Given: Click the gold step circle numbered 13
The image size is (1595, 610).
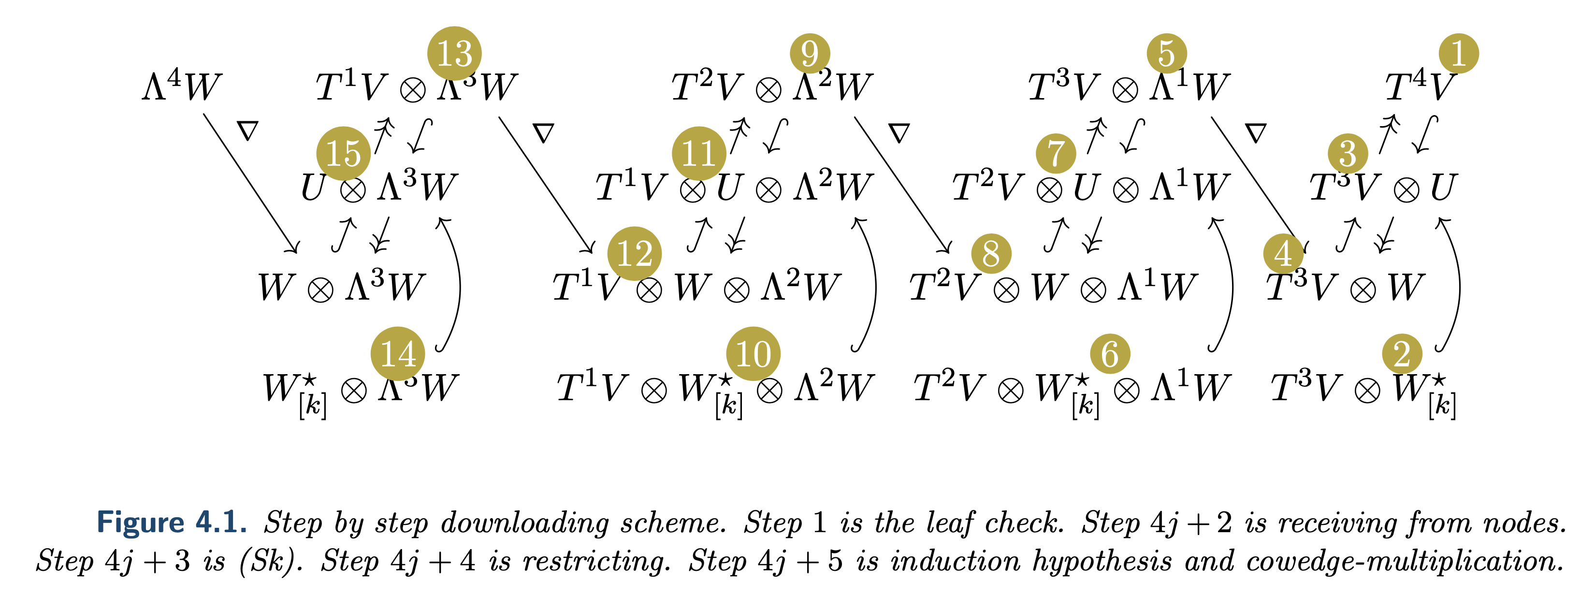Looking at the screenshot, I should click(x=454, y=53).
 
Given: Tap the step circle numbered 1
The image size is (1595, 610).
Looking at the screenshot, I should click(x=1458, y=53).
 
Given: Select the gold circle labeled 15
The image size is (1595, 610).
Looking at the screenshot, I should click(x=343, y=154).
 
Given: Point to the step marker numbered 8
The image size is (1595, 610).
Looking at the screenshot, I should click(x=991, y=253).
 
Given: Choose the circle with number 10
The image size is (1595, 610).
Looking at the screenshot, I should click(x=753, y=354).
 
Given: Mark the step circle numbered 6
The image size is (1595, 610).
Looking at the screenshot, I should click(x=1110, y=354).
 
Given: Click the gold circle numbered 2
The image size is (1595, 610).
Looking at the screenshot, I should click(x=1402, y=354).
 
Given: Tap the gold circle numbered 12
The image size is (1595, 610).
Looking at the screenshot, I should click(x=634, y=253).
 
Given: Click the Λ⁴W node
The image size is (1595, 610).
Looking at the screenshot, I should click(x=181, y=86).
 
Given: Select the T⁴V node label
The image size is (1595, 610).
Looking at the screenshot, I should click(x=1418, y=87).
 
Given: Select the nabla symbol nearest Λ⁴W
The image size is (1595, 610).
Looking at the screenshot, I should click(x=247, y=131).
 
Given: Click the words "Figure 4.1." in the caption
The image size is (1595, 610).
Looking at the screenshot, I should click(x=172, y=522).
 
